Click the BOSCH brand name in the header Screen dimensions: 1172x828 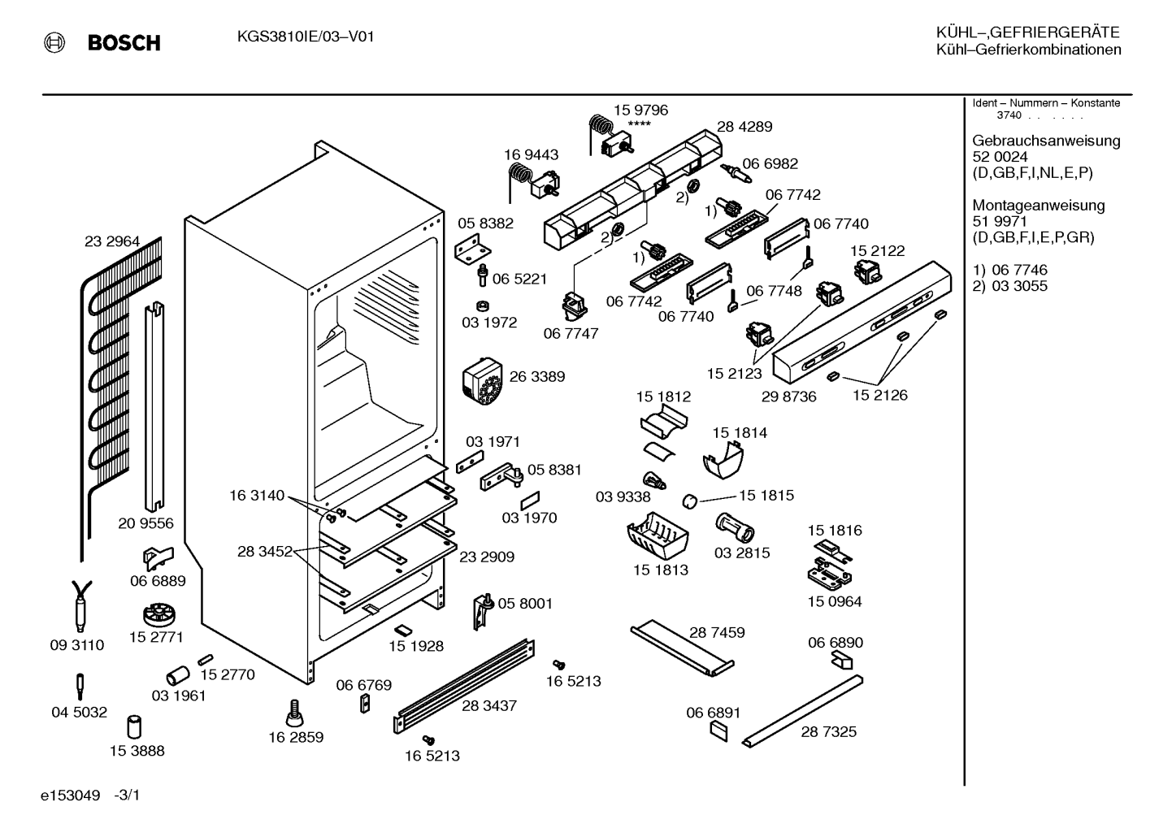tap(124, 43)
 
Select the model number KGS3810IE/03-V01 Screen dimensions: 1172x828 tap(306, 37)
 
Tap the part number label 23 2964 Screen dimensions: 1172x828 tap(112, 241)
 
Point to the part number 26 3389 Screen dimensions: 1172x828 tap(536, 376)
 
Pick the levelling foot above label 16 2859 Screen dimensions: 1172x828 tap(293, 713)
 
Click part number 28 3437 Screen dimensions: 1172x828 tap(488, 705)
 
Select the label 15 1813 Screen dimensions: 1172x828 tap(660, 570)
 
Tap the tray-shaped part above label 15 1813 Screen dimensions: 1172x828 tap(658, 536)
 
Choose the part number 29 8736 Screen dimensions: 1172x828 tap(788, 397)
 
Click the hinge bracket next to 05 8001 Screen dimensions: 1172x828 tap(484, 611)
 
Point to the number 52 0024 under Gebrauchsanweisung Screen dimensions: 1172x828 tap(1000, 157)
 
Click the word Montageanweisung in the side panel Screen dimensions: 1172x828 tap(1039, 206)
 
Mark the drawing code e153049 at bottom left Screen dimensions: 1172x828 tap(70, 795)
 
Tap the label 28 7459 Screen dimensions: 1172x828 tap(717, 632)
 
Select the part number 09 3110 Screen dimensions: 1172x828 tap(77, 645)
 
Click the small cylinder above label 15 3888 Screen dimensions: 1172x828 tap(134, 726)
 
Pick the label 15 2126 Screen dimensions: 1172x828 tap(880, 395)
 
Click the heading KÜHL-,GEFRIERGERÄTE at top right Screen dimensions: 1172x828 tap(1027, 33)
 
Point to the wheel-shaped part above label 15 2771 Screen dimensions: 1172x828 tap(158, 616)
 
